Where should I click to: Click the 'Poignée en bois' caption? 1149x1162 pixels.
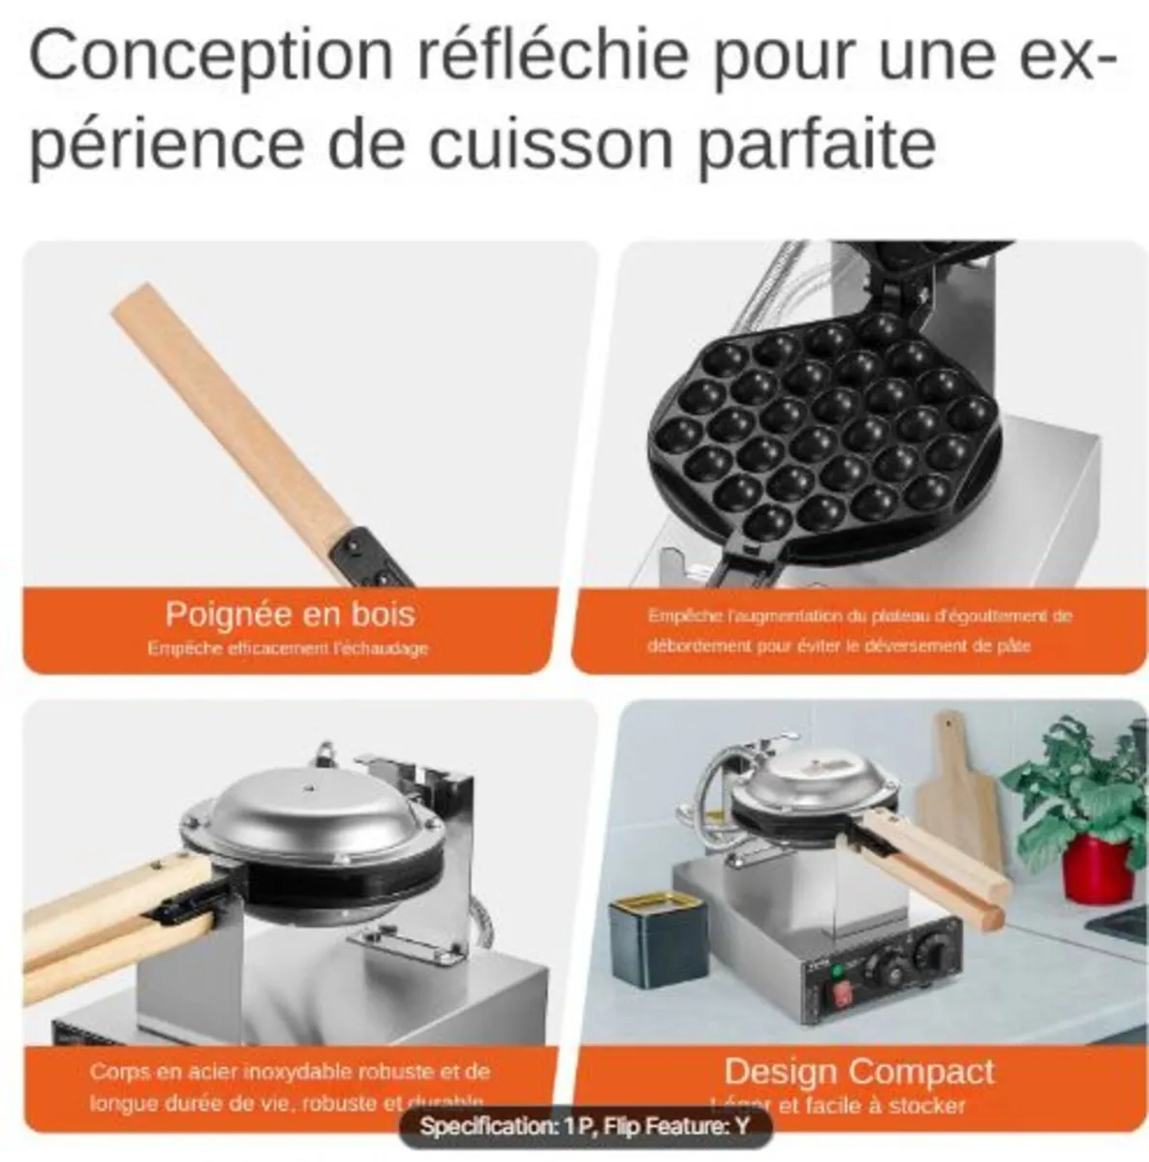289,614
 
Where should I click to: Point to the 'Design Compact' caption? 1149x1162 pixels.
858,1071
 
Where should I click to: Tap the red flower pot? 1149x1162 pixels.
1097,867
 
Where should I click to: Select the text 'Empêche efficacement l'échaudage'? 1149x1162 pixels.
288,648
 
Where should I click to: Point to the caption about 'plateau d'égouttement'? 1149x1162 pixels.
858,630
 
